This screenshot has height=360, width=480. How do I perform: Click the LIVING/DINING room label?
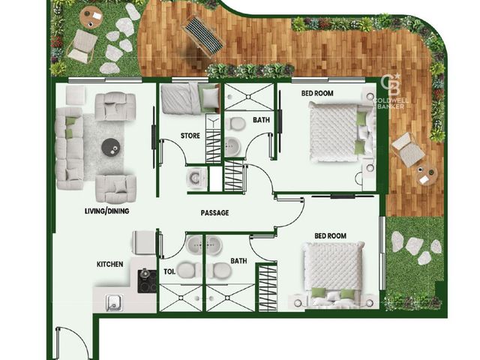(106, 211)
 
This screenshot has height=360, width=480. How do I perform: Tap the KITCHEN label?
(110, 264)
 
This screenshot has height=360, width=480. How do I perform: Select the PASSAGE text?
(215, 213)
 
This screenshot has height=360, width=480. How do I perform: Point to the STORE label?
(190, 136)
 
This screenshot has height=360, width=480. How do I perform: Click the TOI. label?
(169, 271)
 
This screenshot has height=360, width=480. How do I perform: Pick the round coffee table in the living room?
(111, 147)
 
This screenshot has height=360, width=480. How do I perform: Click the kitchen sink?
(114, 302)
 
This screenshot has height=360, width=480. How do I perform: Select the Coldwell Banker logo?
(390, 91)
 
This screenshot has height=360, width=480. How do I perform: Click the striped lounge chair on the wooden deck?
(202, 37)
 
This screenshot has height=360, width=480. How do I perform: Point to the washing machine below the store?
(196, 178)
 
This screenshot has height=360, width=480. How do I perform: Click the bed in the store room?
(190, 98)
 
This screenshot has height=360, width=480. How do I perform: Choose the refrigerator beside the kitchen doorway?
(144, 242)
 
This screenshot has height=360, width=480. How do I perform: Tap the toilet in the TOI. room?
(189, 270)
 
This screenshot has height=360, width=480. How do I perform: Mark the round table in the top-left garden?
(91, 17)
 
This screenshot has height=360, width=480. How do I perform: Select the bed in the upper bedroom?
(342, 133)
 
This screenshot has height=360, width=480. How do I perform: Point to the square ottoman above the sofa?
(76, 95)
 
